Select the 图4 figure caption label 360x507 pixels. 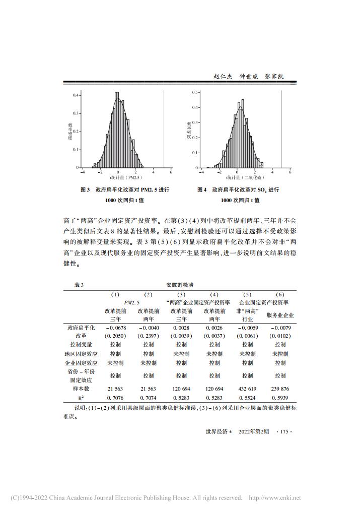(202, 190)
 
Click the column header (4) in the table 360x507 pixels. (214, 294)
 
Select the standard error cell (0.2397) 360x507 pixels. (148, 335)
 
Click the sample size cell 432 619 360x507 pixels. (247, 389)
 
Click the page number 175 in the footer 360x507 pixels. (284, 431)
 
